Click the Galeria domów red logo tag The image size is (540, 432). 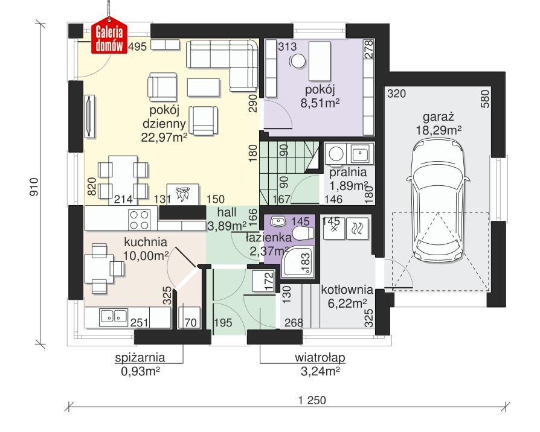coord(109,36)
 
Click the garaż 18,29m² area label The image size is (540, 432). coord(439,124)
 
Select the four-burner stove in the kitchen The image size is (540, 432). coord(139,220)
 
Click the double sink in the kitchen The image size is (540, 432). coord(114,317)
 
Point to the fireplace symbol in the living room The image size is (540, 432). coord(182,195)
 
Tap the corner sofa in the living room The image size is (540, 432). coord(222,65)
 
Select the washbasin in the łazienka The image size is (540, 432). coord(278,221)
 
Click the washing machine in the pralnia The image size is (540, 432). coord(336,153)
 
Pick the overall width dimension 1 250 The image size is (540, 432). coord(312,401)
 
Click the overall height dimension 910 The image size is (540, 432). coord(34,187)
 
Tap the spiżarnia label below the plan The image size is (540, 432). coord(140,358)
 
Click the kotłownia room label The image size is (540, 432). coord(347,290)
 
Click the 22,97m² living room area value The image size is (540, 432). coord(164,137)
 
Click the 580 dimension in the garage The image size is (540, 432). coord(485,99)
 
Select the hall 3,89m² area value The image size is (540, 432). coord(227,226)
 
